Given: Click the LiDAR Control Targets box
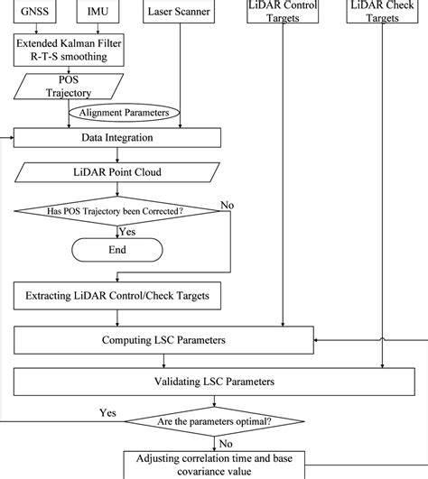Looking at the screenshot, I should pyautogui.click(x=284, y=11).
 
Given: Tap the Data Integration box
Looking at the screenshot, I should pyautogui.click(x=118, y=138).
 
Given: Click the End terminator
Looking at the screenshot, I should pyautogui.click(x=118, y=250).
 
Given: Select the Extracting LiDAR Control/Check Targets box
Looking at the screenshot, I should pyautogui.click(x=118, y=295).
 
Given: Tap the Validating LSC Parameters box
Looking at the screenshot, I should pyautogui.click(x=215, y=382).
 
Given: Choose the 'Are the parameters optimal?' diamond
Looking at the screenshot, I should pyautogui.click(x=215, y=419).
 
